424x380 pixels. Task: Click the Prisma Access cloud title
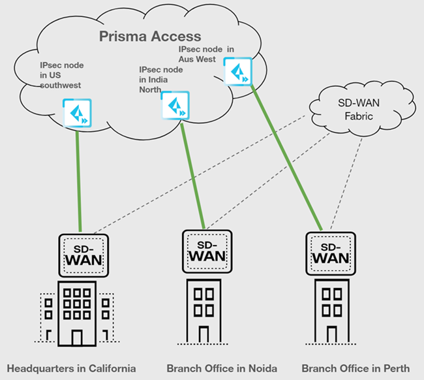click(151, 36)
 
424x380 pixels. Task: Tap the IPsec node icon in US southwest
click(78, 112)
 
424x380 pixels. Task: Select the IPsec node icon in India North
click(175, 105)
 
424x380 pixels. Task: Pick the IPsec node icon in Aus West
click(237, 71)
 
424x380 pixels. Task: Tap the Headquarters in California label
click(72, 368)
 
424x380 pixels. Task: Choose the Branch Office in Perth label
click(356, 368)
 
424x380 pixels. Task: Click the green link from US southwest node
click(78, 180)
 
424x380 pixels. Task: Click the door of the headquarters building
click(78, 338)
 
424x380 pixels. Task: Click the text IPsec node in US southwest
click(63, 74)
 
